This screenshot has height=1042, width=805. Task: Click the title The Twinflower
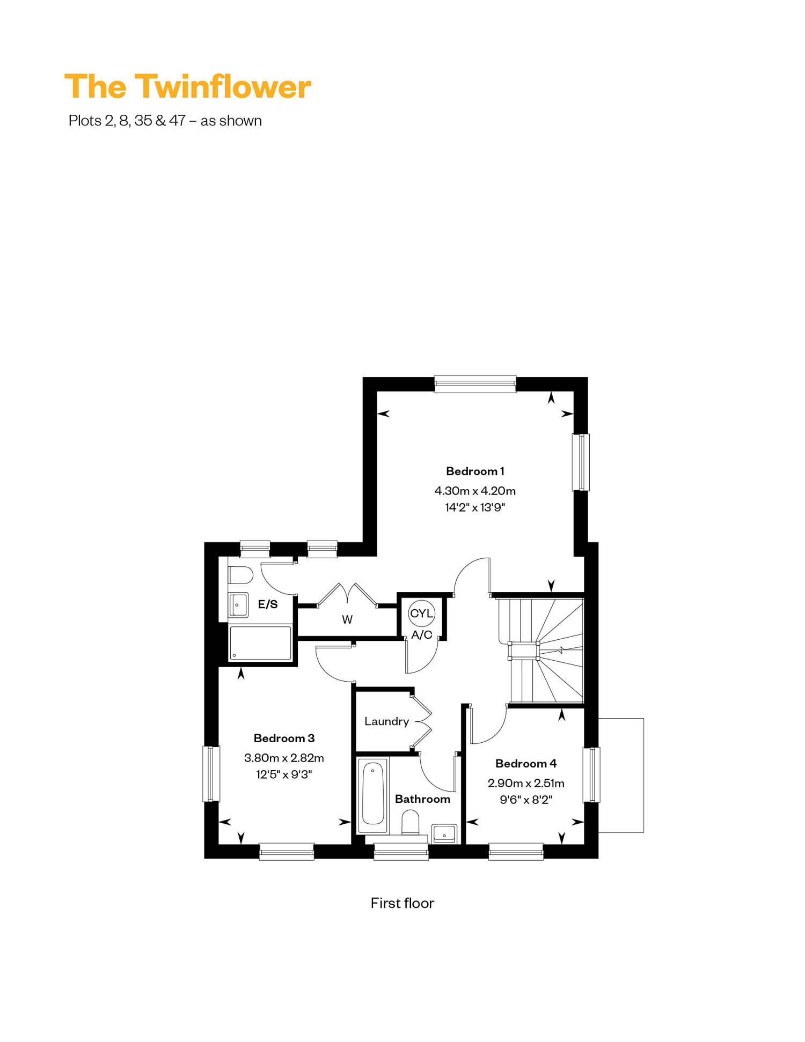tap(188, 86)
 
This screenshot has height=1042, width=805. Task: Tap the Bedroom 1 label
tap(475, 471)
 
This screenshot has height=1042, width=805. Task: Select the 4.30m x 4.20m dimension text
tap(475, 491)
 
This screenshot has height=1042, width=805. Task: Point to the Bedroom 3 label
tap(284, 738)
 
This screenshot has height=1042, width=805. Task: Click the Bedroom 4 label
tap(526, 764)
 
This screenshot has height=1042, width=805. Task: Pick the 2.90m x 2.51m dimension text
tap(526, 783)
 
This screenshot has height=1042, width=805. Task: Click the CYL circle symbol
tap(421, 614)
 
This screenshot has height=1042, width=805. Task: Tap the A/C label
tap(422, 635)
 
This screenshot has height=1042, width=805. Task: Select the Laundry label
tap(386, 722)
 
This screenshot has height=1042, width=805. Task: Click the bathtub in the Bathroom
tap(373, 795)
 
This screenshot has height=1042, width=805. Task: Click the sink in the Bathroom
tap(444, 834)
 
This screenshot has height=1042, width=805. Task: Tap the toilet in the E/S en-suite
tap(240, 575)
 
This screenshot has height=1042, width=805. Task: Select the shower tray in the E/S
tap(261, 643)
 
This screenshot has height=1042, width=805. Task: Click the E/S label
tap(268, 605)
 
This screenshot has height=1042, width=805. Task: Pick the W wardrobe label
tap(347, 620)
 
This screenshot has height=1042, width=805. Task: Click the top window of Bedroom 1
tap(475, 383)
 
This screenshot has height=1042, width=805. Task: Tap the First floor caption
tap(402, 904)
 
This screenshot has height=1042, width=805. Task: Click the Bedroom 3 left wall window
tap(211, 774)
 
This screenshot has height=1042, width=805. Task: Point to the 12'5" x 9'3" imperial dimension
tap(284, 774)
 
